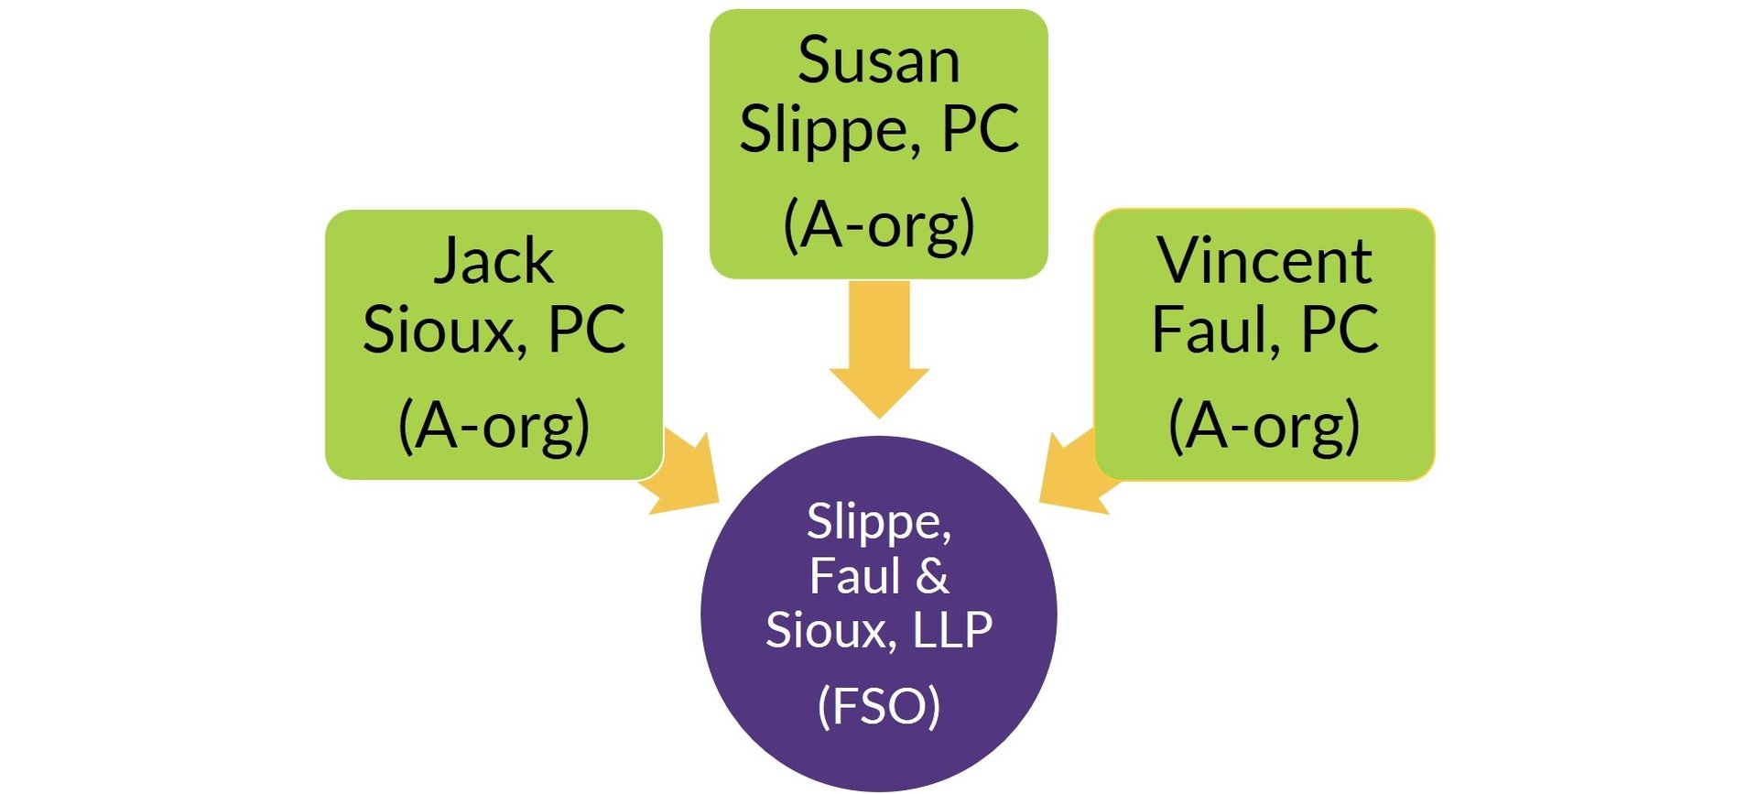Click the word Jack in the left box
point(493,262)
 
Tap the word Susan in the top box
point(878,61)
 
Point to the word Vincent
point(1264,262)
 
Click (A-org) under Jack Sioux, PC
point(494,426)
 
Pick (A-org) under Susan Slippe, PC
point(878,225)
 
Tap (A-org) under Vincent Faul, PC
point(1264,426)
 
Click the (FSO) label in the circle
point(878,706)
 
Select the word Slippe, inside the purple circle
point(878,522)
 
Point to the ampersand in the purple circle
point(932,576)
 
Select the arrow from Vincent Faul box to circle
point(1073,476)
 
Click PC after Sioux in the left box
point(586,330)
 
